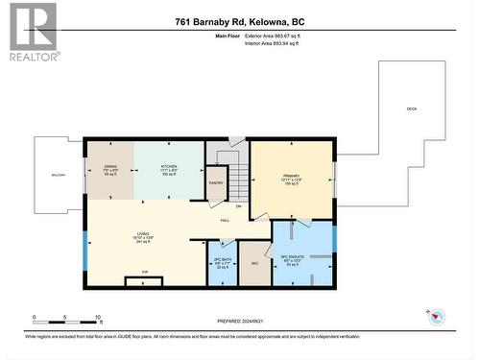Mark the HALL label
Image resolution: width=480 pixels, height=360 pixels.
(225, 220)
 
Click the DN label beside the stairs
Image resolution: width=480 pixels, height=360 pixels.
(239, 205)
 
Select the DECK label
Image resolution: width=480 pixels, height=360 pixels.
(411, 109)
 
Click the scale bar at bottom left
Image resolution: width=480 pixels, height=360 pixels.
(67, 316)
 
